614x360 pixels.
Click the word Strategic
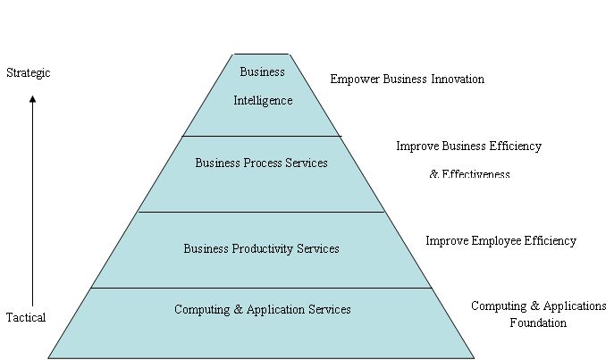coord(29,72)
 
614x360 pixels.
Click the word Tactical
coord(26,317)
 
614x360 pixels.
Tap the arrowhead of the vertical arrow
coord(33,99)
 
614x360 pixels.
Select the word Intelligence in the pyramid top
coord(263,101)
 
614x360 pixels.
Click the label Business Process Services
coord(261,163)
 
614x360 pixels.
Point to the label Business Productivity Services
coord(261,248)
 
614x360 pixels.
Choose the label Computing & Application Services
coord(262,310)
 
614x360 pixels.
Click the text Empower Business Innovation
coord(407,80)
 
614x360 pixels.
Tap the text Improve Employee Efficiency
coord(500,241)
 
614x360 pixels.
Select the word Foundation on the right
coord(538,323)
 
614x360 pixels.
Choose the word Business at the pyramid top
coord(263,71)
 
